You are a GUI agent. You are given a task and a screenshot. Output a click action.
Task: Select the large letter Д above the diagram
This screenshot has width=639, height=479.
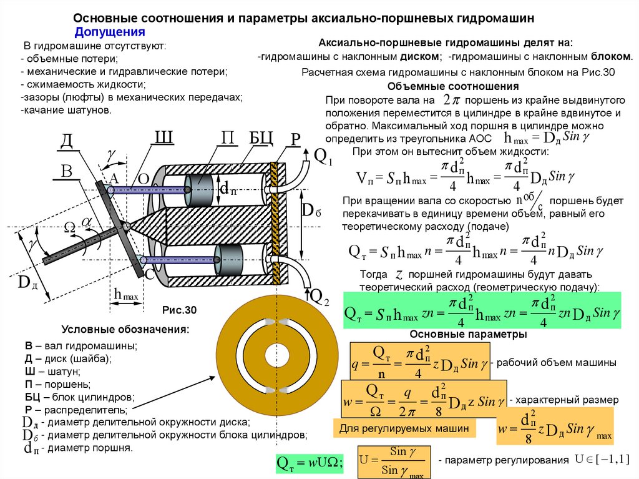tap(67, 141)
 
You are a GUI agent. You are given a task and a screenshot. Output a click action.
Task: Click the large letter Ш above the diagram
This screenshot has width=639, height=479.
tap(163, 138)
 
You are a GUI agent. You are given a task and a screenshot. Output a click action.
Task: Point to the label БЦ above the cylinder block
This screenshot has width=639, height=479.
tap(261, 138)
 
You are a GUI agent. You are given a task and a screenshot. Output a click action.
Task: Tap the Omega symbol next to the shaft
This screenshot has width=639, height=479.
tap(70, 229)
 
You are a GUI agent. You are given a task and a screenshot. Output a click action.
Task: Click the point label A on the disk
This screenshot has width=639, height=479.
tap(114, 179)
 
